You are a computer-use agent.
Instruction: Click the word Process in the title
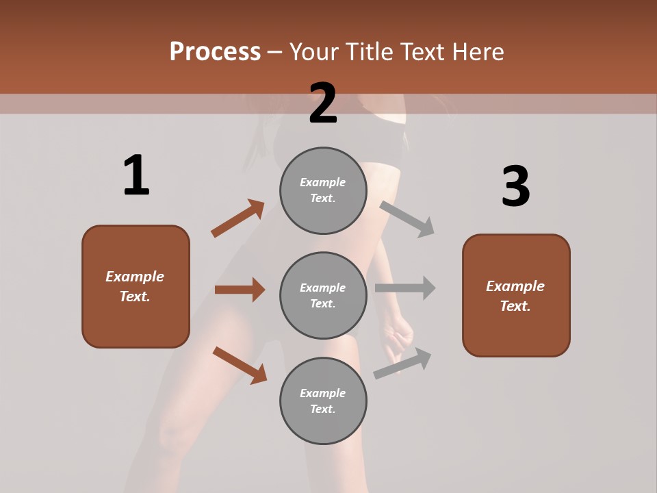[x=215, y=52]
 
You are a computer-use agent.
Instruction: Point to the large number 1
[x=136, y=176]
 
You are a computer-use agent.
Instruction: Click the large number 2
[x=323, y=103]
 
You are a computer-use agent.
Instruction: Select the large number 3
[x=515, y=186]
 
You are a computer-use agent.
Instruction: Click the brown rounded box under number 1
[x=136, y=286]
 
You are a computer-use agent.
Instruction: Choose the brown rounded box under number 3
[x=516, y=295]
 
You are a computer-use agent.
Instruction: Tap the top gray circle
[x=323, y=190]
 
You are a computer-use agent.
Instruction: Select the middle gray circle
[x=323, y=295]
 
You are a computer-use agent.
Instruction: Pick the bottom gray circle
[x=323, y=401]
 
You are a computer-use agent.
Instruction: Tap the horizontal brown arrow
[x=240, y=290]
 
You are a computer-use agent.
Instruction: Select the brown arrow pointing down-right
[x=240, y=365]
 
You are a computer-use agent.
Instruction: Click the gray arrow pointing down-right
[x=407, y=218]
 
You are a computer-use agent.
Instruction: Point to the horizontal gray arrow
[x=405, y=288]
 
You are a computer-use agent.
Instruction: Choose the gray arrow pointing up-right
[x=403, y=363]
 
